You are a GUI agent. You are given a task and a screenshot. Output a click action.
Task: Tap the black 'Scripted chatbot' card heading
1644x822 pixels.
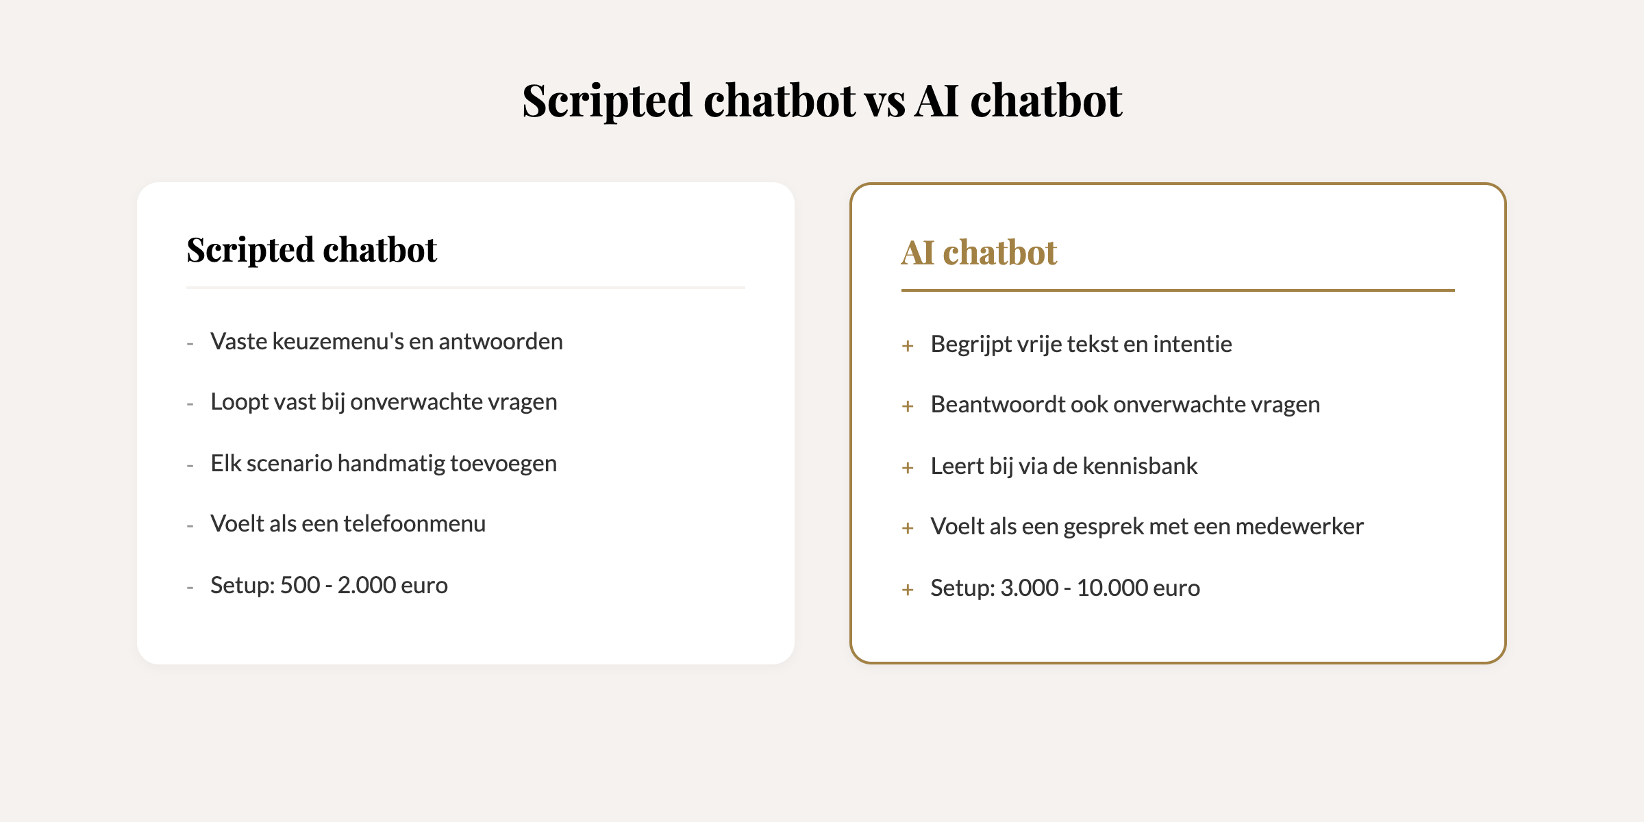click(x=312, y=251)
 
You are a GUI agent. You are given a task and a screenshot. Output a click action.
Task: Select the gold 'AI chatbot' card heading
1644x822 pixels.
click(x=979, y=252)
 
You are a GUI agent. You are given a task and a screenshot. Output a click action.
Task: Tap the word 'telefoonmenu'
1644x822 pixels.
click(x=414, y=523)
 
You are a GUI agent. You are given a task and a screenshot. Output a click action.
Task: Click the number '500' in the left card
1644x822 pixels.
click(x=300, y=586)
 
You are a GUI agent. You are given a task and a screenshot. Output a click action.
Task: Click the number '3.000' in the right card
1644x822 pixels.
click(x=1030, y=588)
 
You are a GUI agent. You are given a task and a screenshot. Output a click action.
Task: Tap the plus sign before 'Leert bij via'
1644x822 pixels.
click(x=908, y=468)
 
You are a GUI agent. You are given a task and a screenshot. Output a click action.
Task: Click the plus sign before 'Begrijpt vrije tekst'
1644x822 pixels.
click(x=908, y=346)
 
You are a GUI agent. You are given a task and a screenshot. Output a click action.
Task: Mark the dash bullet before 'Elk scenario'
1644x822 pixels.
click(x=190, y=466)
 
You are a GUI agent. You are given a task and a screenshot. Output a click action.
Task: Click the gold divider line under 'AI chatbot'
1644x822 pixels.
click(x=1178, y=290)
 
